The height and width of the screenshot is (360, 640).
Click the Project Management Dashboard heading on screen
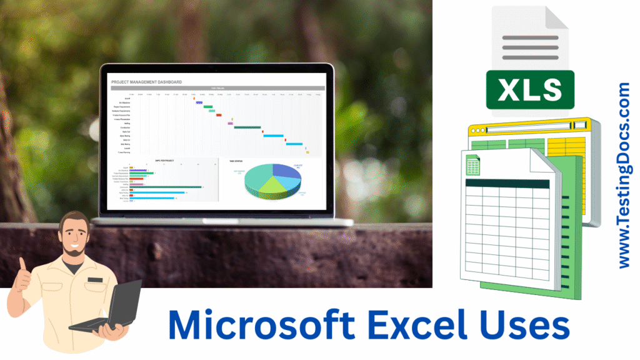pos(146,82)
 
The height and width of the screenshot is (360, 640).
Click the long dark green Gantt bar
pos(247,127)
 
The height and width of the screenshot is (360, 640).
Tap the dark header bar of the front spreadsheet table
pos(506,184)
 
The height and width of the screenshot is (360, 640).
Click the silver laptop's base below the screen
pos(222,221)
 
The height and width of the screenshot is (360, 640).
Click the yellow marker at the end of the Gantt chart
pos(307,152)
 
